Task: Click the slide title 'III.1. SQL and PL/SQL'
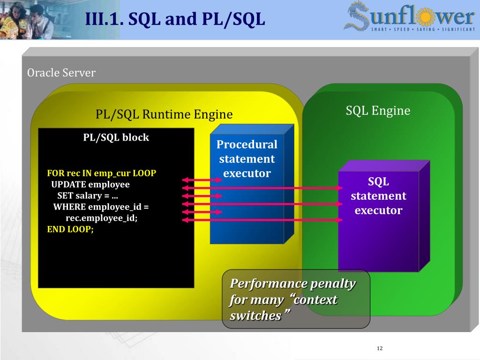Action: (x=175, y=19)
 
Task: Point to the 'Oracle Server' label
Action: (x=61, y=73)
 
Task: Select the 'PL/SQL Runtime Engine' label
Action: (x=164, y=114)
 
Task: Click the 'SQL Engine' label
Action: (x=378, y=111)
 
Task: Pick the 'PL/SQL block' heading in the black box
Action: (x=116, y=137)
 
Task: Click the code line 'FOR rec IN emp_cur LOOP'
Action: (x=101, y=173)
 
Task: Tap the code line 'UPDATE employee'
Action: (x=90, y=184)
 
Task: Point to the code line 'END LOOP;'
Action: (x=70, y=229)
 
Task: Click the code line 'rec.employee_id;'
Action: (x=101, y=218)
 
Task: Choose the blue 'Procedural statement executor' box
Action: (x=247, y=187)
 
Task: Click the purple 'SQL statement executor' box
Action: (x=378, y=216)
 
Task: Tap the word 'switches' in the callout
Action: (x=255, y=316)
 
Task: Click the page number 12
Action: (x=380, y=348)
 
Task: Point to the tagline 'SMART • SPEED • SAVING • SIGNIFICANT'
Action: (x=420, y=30)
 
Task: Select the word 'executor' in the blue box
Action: (x=247, y=173)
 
